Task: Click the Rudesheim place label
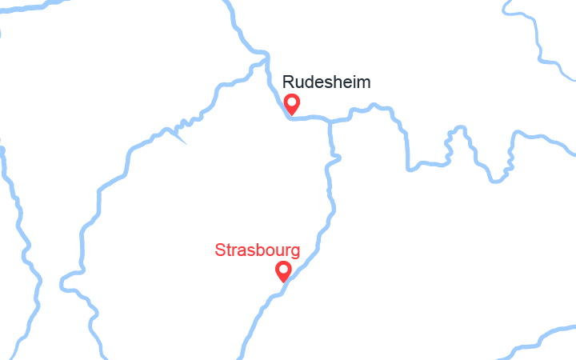click(x=326, y=82)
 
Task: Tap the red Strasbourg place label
click(x=258, y=250)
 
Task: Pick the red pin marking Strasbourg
click(x=283, y=271)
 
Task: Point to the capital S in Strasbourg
click(x=220, y=250)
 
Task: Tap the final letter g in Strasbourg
click(x=295, y=253)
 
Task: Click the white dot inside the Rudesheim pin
click(x=292, y=102)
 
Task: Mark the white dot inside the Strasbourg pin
click(x=283, y=269)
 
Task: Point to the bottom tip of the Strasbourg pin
click(x=283, y=282)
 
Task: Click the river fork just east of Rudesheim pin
click(x=330, y=122)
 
